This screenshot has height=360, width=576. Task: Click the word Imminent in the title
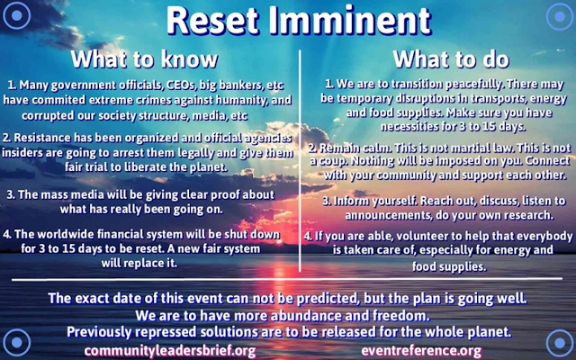click(x=350, y=21)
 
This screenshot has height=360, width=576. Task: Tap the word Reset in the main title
click(x=213, y=21)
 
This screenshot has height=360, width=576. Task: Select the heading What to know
click(x=144, y=59)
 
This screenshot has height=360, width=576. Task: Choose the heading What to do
click(x=451, y=59)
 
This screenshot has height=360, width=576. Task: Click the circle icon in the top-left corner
click(x=16, y=15)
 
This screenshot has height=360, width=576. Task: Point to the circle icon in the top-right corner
click(x=560, y=16)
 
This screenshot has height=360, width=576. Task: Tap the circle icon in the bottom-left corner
click(x=16, y=342)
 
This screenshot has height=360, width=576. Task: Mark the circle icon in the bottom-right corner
click(x=560, y=343)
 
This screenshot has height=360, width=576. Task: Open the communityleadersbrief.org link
click(x=170, y=351)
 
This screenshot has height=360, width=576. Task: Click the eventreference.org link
click(x=421, y=351)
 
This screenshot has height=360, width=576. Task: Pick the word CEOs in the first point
click(x=178, y=85)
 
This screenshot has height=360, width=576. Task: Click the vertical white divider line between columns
click(x=300, y=161)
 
